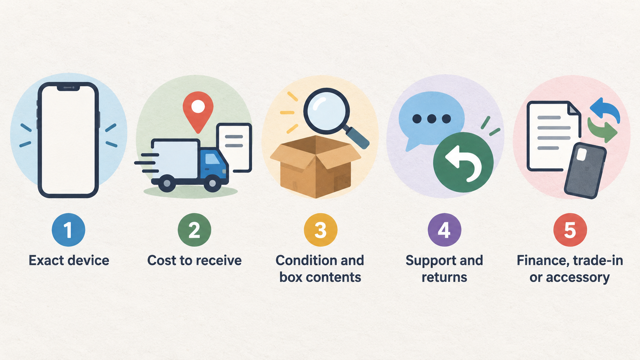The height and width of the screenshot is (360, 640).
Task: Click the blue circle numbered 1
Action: click(68, 230)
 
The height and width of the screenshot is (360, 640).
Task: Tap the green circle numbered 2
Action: click(194, 230)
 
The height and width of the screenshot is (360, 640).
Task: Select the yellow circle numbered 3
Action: click(320, 230)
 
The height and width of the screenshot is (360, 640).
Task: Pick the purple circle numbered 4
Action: click(444, 230)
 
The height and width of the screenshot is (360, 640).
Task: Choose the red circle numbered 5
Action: click(570, 230)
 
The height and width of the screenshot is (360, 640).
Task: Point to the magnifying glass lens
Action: click(326, 111)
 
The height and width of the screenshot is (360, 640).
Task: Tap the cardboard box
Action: click(315, 167)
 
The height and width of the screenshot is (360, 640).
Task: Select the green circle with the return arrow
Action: click(463, 162)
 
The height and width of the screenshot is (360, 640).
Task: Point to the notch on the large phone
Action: click(68, 88)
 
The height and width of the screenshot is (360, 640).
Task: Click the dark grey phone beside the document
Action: click(585, 171)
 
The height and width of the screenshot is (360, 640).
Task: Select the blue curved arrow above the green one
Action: click(605, 110)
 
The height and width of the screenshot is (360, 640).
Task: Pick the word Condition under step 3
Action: click(304, 261)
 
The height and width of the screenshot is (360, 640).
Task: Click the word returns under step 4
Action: click(444, 277)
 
